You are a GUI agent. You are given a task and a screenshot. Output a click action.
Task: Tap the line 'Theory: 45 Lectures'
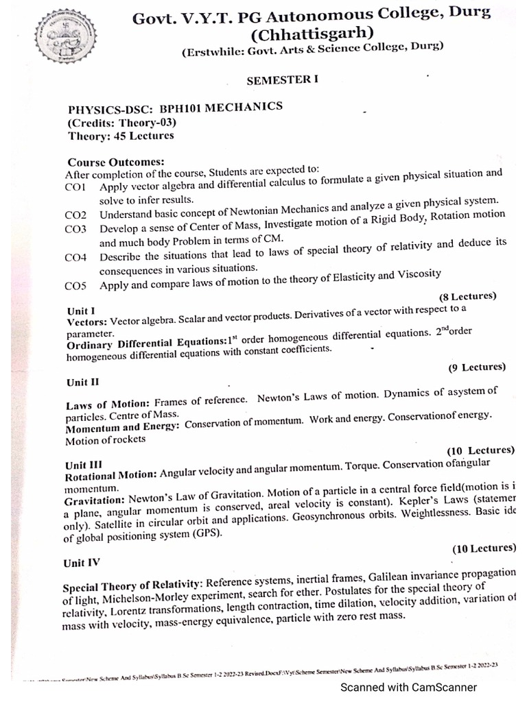[120, 136]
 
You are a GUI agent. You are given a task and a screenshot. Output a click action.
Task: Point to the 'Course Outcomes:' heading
[115, 162]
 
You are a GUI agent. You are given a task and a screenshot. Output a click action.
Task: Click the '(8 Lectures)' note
[467, 296]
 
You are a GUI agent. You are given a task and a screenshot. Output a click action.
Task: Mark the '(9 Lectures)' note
[477, 367]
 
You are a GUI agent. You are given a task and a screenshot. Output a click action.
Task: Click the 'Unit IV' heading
[81, 562]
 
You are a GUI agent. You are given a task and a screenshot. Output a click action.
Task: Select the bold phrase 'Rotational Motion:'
[110, 475]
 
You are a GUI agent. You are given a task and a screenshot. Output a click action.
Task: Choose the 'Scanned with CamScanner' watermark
[409, 687]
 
